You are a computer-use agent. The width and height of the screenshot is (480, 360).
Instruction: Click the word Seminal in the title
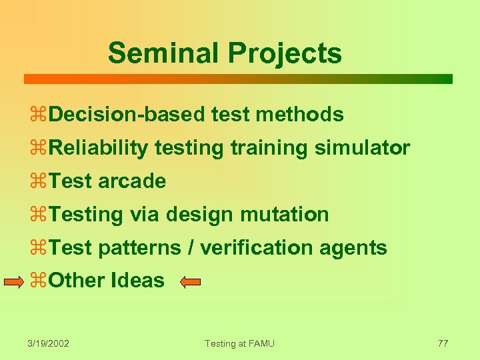(x=150, y=53)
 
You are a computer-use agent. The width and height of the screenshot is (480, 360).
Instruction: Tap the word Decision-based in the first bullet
(x=127, y=115)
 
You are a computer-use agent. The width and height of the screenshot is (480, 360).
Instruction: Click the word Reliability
(x=98, y=148)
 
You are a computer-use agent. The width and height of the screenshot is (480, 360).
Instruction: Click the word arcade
(x=131, y=181)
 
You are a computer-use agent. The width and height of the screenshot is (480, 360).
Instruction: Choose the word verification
(x=257, y=248)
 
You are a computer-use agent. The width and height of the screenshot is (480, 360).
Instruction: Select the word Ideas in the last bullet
(x=139, y=281)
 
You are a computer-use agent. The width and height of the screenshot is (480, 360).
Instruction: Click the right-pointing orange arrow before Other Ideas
(x=14, y=282)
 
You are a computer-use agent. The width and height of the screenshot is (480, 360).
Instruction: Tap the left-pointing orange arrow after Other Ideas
(x=191, y=282)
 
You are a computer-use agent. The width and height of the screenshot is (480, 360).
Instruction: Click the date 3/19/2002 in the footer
(x=49, y=343)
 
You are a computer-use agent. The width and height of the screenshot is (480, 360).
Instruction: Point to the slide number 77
(x=443, y=343)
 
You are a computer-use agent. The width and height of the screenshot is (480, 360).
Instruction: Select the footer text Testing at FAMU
(x=239, y=343)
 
